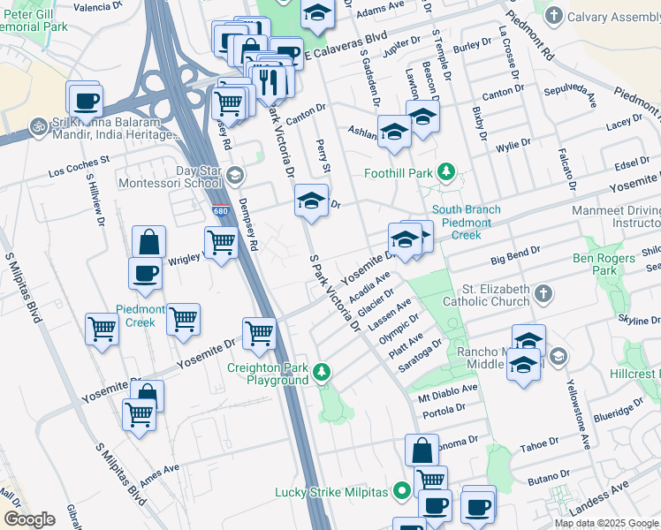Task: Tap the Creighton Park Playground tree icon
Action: pyautogui.click(x=323, y=370)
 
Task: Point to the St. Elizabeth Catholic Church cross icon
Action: pyautogui.click(x=544, y=292)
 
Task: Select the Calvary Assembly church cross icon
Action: pyautogui.click(x=553, y=15)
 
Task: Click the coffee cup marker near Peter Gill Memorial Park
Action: pyautogui.click(x=86, y=101)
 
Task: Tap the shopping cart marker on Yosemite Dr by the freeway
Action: pyautogui.click(x=259, y=334)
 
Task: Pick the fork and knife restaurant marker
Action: pyautogui.click(x=267, y=81)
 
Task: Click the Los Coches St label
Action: pyautogui.click(x=78, y=161)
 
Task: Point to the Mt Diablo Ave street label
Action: pyautogui.click(x=447, y=388)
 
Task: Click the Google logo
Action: pyautogui.click(x=30, y=519)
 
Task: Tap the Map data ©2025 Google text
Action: pyautogui.click(x=606, y=523)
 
